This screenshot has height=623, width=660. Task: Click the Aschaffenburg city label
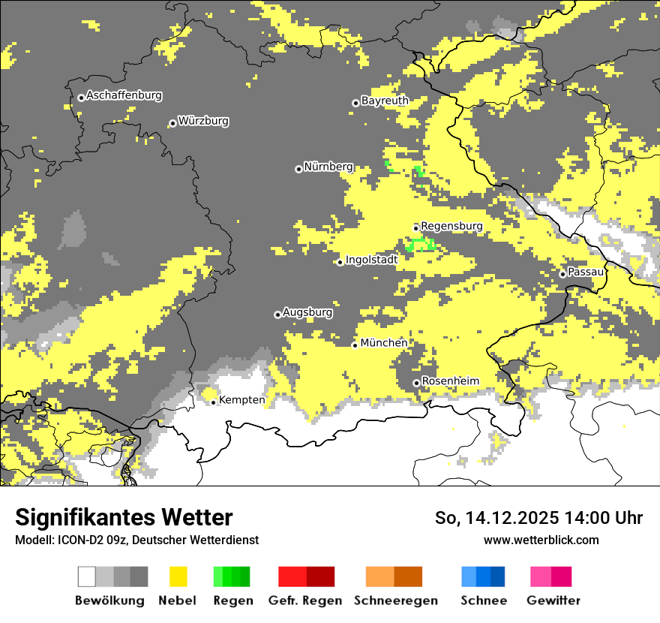[124, 96]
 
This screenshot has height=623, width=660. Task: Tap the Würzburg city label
[203, 121]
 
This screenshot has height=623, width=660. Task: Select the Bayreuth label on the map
[385, 101]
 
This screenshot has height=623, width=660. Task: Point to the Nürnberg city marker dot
[298, 169]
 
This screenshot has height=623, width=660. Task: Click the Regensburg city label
[451, 226]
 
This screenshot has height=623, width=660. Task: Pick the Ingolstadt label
[371, 260]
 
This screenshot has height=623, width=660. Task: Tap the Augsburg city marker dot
[277, 315]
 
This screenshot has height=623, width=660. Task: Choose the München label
[384, 343]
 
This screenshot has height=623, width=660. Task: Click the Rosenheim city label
[450, 381]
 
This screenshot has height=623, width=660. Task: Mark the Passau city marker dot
[562, 274]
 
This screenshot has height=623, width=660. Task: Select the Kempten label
[241, 400]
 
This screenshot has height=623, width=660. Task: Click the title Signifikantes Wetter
[124, 518]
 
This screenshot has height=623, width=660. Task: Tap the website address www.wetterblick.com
[541, 540]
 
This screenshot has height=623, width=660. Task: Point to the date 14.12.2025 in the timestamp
[509, 518]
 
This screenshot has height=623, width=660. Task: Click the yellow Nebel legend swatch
[178, 576]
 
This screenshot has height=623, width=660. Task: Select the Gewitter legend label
[553, 600]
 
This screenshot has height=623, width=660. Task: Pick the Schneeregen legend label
[395, 600]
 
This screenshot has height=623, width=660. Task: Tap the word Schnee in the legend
[483, 600]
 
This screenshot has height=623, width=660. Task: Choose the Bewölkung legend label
[109, 600]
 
